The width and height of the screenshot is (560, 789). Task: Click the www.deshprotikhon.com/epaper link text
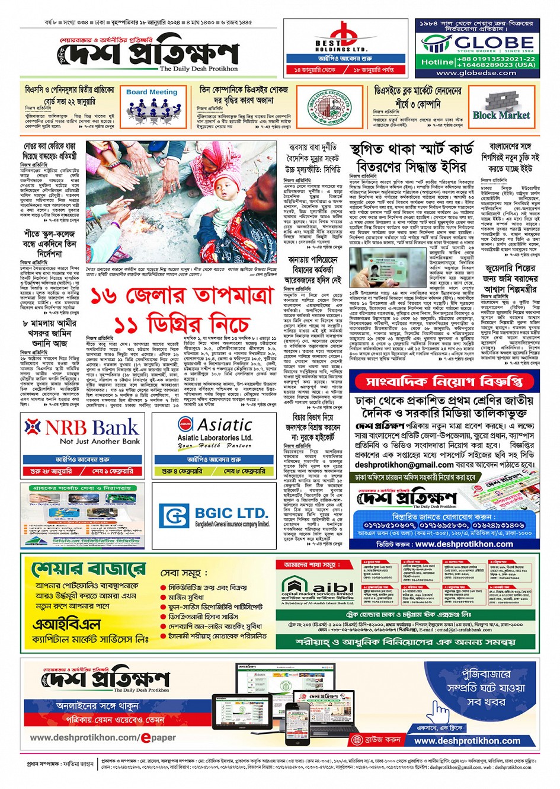pyautogui.click(x=103, y=737)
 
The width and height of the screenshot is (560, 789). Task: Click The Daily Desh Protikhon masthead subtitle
pyautogui.click(x=198, y=69)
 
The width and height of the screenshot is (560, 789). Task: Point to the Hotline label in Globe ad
pyautogui.click(x=436, y=62)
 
